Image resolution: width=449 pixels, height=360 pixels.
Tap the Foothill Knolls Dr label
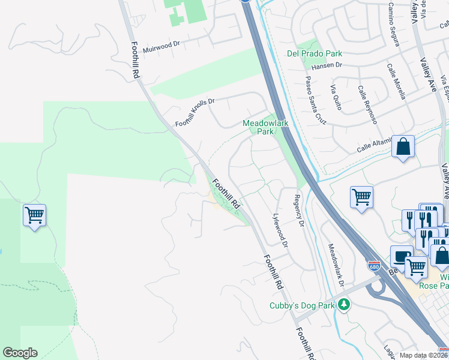pyautogui.click(x=194, y=112)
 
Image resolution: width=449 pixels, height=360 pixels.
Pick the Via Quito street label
pyautogui.click(x=336, y=97)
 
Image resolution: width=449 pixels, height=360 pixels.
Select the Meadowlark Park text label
pyautogui.click(x=265, y=127)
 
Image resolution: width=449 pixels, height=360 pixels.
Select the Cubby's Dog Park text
pyautogui.click(x=301, y=305)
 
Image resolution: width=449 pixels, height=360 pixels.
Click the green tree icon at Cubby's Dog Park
pyautogui.click(x=344, y=305)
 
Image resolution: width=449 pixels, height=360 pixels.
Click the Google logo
pyautogui.click(x=20, y=353)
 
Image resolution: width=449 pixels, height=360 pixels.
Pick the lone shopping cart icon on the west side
pyautogui.click(x=34, y=214)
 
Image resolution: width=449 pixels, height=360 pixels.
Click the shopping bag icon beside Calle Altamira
pyautogui.click(x=403, y=146)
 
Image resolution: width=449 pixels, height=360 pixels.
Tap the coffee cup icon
pyautogui.click(x=400, y=256)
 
